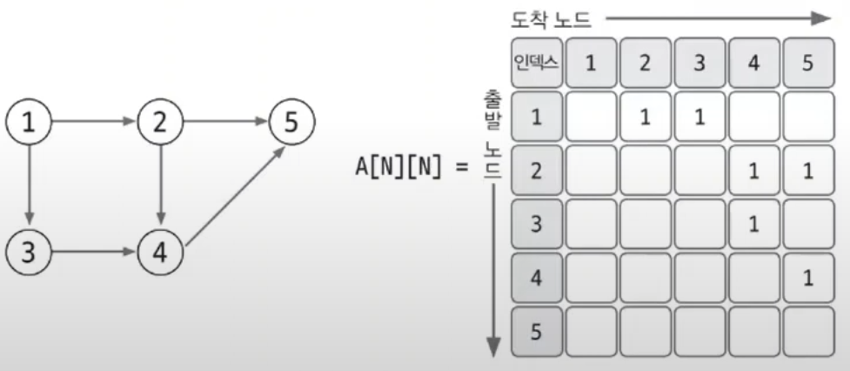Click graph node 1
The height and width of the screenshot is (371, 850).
[x=30, y=123]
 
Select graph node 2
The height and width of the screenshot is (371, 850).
[x=159, y=123]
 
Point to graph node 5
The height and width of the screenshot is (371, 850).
[x=291, y=123]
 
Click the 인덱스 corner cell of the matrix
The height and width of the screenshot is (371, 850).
[x=536, y=63]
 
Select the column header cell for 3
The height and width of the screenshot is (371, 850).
[x=699, y=63]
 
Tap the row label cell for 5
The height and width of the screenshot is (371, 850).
[x=536, y=331]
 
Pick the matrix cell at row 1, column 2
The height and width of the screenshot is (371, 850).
[x=645, y=117]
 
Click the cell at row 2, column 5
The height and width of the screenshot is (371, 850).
[x=807, y=171]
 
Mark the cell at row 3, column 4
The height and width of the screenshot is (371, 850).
[x=753, y=224]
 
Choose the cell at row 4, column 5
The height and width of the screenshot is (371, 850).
[x=807, y=278]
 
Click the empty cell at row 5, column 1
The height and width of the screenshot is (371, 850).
[x=591, y=331]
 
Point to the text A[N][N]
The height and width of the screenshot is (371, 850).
[x=406, y=168]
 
